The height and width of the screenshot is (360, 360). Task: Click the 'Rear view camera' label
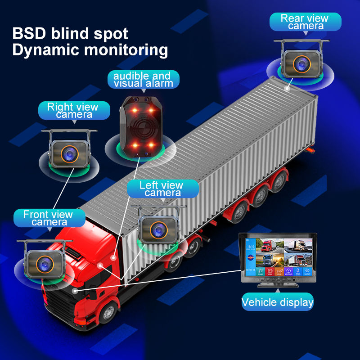[x=305, y=22]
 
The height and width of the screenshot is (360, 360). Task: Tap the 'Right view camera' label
[x=73, y=110]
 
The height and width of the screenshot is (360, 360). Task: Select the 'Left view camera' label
[x=161, y=189]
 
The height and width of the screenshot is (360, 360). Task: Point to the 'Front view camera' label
[x=48, y=218]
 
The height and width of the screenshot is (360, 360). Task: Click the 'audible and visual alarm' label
[x=143, y=79]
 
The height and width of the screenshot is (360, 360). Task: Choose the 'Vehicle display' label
[x=277, y=301]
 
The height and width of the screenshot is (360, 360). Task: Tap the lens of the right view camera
[x=69, y=153]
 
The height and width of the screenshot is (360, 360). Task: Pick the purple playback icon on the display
[x=288, y=271]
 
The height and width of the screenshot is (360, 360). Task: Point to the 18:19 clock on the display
[x=250, y=247]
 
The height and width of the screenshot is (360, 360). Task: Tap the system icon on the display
[x=307, y=271]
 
